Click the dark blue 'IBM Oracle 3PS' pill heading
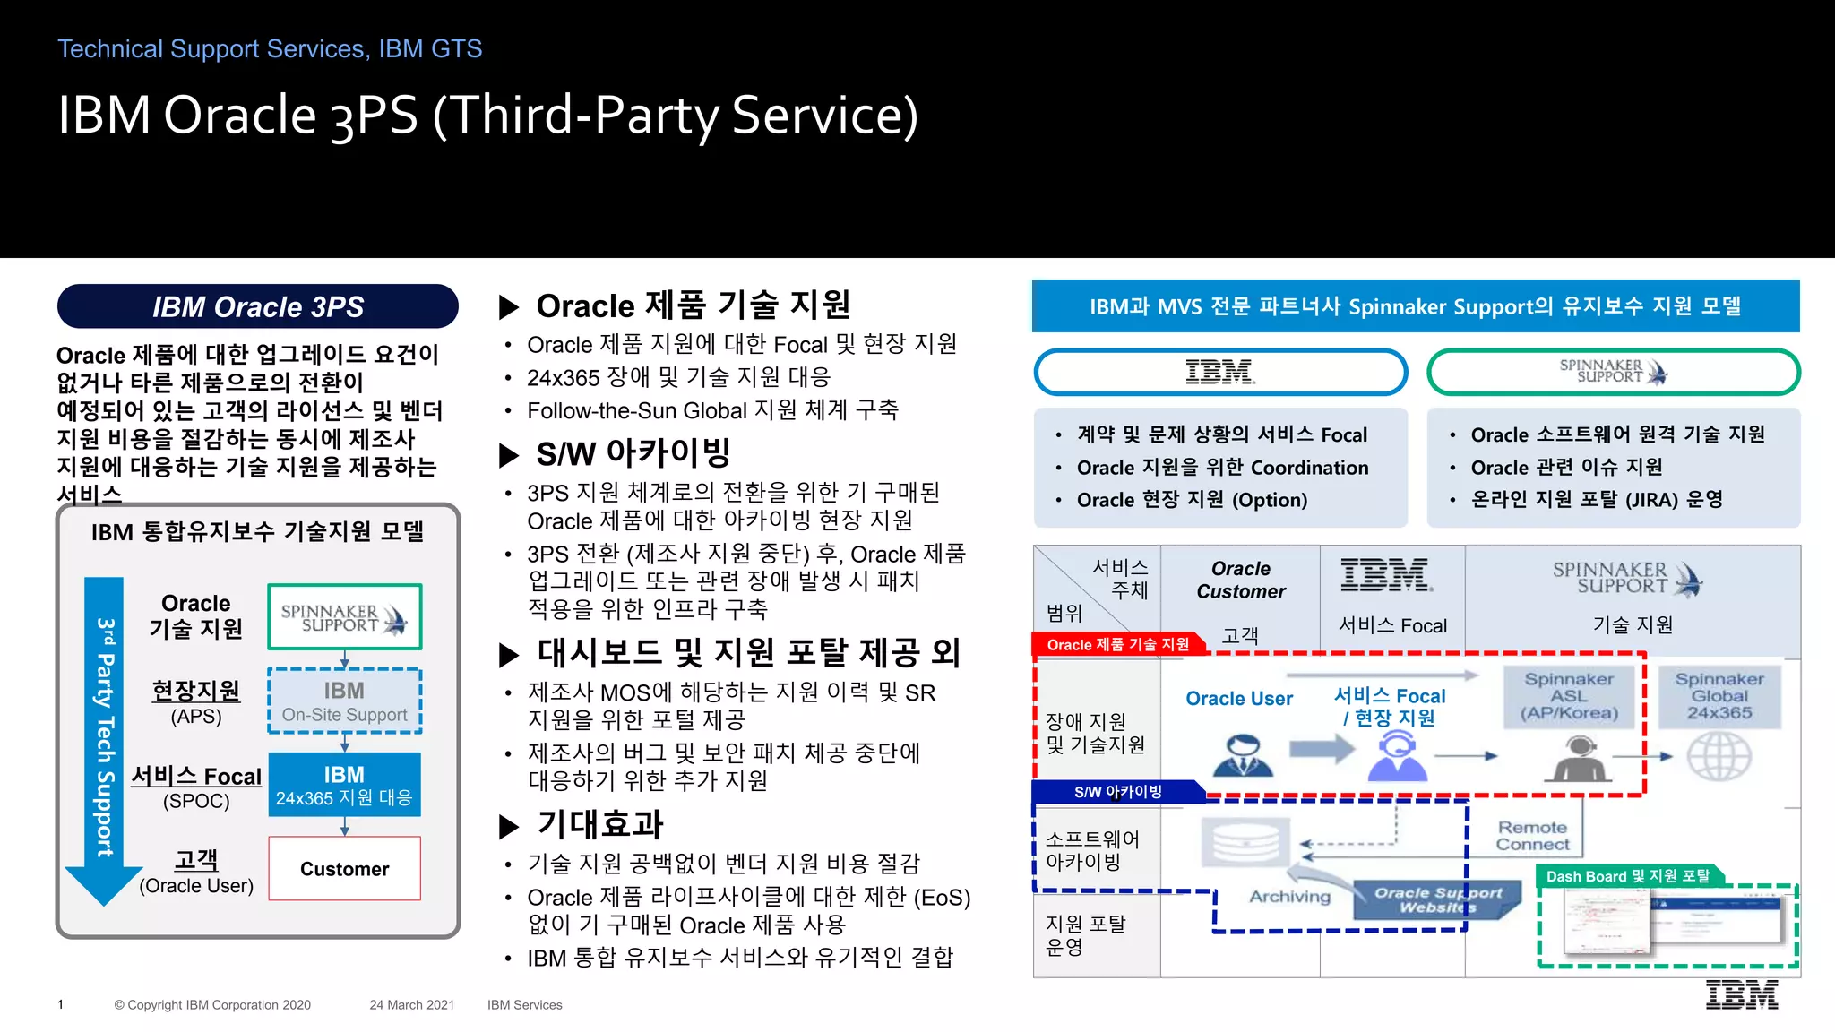pyautogui.click(x=258, y=306)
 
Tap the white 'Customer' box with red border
pyautogui.click(x=345, y=868)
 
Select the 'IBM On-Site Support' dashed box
pyautogui.click(x=345, y=701)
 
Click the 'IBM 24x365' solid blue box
pyautogui.click(x=345, y=785)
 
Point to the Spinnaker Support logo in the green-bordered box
pyautogui.click(x=345, y=617)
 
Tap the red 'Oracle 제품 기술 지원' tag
pyautogui.click(x=1118, y=644)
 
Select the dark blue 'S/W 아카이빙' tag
pyautogui.click(x=1118, y=792)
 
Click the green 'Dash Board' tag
pyautogui.click(x=1628, y=876)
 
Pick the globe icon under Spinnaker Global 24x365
pyautogui.click(x=1719, y=757)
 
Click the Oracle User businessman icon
pyautogui.click(x=1242, y=755)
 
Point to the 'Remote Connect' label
pyautogui.click(x=1532, y=836)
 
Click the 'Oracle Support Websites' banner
pyautogui.click(x=1438, y=899)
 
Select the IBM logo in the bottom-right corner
pyautogui.click(x=1742, y=995)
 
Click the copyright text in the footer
pyautogui.click(x=212, y=1005)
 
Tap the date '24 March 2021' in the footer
pyautogui.click(x=412, y=1005)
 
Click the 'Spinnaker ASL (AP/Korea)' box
pyautogui.click(x=1569, y=696)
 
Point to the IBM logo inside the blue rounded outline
pyautogui.click(x=1219, y=372)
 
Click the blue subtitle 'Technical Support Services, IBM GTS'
pyautogui.click(x=270, y=48)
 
